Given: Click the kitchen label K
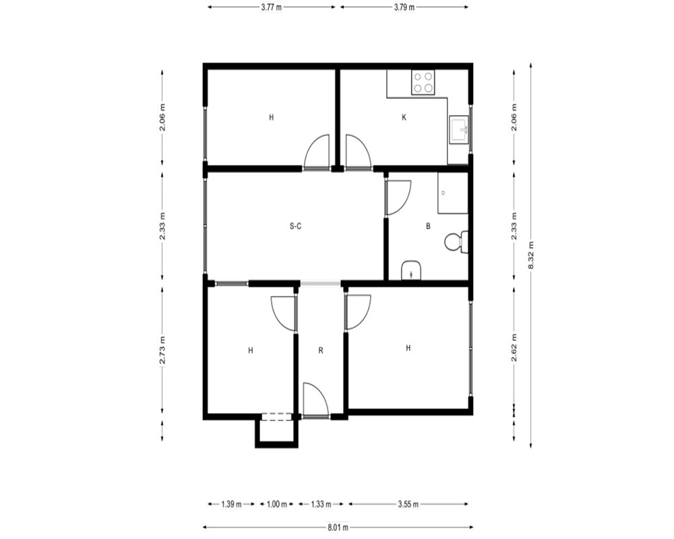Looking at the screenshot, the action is tap(404, 117).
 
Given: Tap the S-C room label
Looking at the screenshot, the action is tap(295, 226).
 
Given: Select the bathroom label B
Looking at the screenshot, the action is tap(428, 226).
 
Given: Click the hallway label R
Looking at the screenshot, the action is tap(321, 351).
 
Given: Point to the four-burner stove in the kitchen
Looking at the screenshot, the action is tap(423, 82).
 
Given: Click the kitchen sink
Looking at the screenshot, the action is tap(460, 129).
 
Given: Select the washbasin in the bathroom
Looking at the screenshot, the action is tap(411, 270).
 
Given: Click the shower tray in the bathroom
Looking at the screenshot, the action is tap(453, 193).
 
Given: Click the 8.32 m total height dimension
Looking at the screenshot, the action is tap(531, 255).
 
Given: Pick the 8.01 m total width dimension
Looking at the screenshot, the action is tap(338, 528).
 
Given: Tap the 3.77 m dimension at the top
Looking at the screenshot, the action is tap(271, 7).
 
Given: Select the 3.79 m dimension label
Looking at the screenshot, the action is tap(404, 7).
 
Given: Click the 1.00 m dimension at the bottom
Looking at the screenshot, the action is tap(277, 504).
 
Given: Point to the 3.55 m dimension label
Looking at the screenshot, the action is tap(408, 504).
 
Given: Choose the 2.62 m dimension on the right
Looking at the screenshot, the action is tap(514, 347).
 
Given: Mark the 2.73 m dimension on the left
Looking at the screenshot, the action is tap(162, 350).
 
